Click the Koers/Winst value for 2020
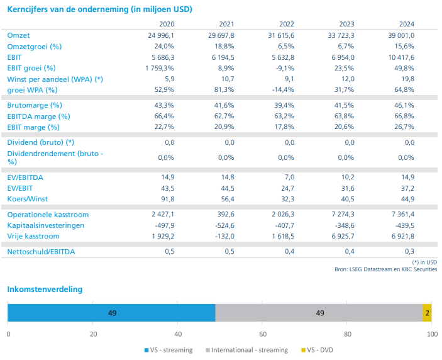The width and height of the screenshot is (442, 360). point(165,199)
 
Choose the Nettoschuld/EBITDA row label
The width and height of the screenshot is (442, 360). point(40,252)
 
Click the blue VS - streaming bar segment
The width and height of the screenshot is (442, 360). point(111,313)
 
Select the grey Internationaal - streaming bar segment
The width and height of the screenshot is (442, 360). point(319,313)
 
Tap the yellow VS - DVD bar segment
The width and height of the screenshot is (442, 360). point(427,313)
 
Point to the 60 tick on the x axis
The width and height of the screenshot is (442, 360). point(263,334)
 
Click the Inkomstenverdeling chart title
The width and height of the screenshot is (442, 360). point(45,290)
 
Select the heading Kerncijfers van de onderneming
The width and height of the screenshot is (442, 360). point(99,9)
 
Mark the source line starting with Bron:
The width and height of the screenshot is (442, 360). point(385,269)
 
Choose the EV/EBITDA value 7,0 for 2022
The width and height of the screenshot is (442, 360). point(289,177)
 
